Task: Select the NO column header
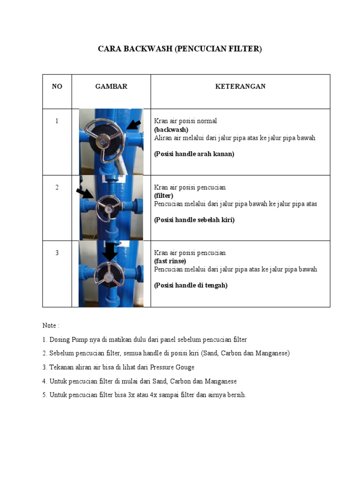57,86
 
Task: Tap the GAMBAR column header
111,86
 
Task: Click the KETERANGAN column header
240,86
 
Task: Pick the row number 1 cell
57,121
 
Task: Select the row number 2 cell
57,187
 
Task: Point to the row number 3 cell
57,253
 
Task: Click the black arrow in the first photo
134,125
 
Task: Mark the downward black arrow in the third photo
110,252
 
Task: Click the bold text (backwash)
171,129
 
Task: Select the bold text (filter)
164,195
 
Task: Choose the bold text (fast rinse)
170,261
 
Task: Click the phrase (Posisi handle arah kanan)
194,154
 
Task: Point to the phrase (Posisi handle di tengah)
191,285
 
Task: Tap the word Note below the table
49,325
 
